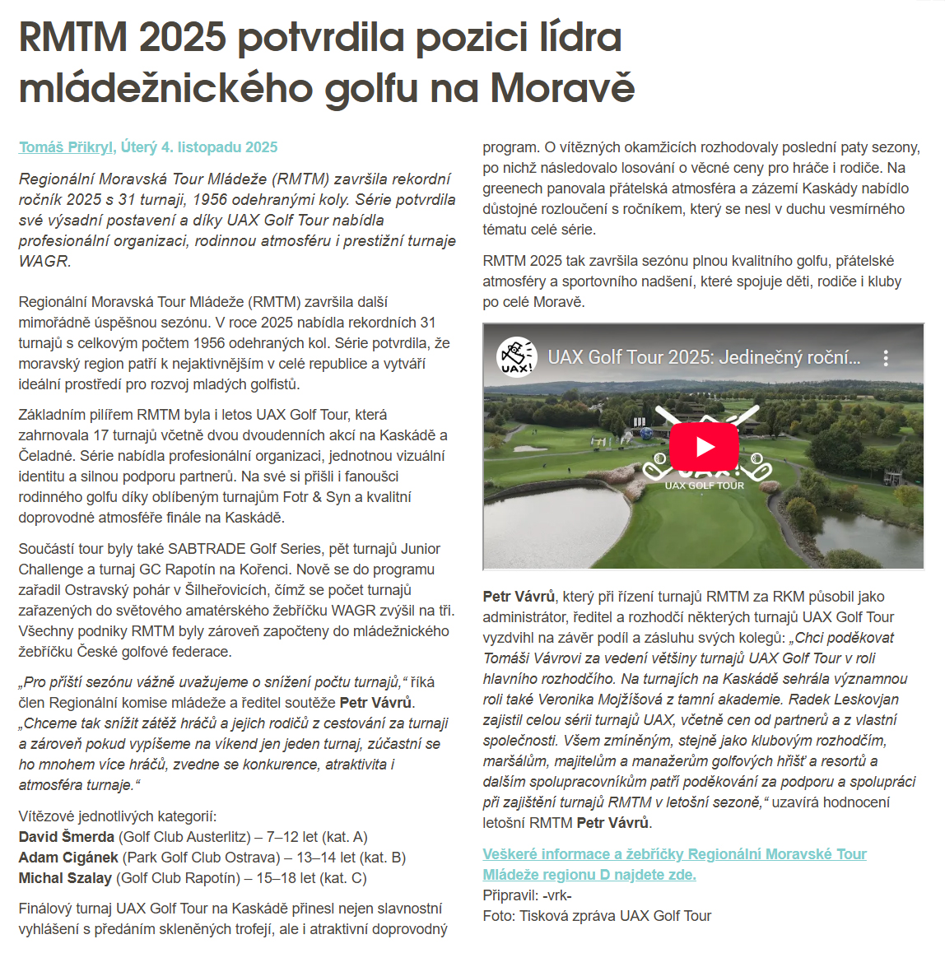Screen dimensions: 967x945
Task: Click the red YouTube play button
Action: point(704,447)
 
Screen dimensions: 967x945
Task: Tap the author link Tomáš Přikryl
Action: point(66,147)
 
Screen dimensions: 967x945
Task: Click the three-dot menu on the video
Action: point(886,358)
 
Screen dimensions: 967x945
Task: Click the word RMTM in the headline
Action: point(73,38)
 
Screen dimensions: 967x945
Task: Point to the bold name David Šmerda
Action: point(67,837)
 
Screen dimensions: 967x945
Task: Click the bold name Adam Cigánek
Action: point(68,858)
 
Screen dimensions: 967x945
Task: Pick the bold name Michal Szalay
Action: point(65,878)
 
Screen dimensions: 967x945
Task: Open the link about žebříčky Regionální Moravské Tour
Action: point(674,864)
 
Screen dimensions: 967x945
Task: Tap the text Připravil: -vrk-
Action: point(527,895)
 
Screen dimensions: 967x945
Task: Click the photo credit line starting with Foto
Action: point(597,916)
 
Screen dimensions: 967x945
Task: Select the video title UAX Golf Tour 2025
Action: point(703,358)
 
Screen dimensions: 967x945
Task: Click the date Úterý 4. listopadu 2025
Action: point(199,147)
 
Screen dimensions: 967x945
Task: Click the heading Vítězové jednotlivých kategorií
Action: point(117,816)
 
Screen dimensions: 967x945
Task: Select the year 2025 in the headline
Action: point(182,38)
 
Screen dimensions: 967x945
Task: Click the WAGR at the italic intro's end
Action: point(44,261)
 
